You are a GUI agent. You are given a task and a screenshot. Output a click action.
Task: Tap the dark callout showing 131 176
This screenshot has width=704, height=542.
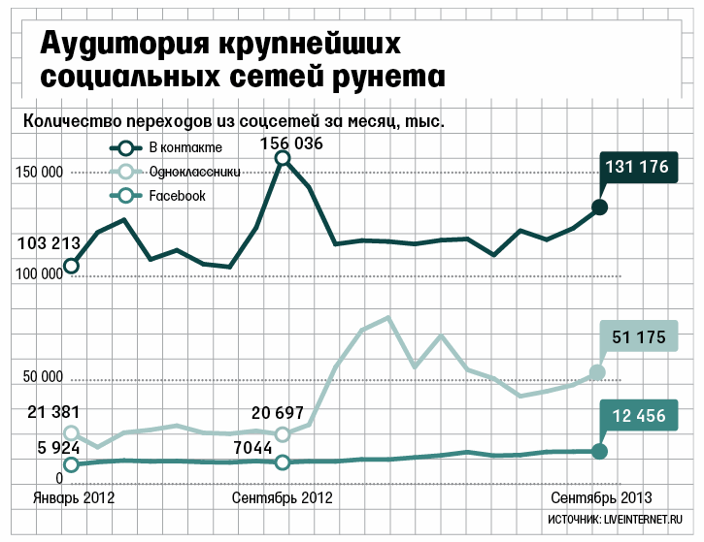[x=637, y=167]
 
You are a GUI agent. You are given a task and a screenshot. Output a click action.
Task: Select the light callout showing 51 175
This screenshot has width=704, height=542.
[x=638, y=337]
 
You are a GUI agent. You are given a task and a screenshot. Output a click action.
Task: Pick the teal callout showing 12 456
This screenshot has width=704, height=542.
[x=638, y=417]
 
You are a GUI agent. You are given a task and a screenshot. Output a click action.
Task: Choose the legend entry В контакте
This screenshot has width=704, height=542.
[x=185, y=148]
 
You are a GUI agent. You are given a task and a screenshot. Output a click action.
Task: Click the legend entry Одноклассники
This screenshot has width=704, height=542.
[x=195, y=172]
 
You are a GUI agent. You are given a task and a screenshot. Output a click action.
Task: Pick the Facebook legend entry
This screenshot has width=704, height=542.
[x=177, y=196]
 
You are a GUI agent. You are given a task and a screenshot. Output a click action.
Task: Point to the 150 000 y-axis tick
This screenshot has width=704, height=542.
[x=39, y=173]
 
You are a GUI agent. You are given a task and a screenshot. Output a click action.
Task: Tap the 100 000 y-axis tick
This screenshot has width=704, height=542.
[x=39, y=274]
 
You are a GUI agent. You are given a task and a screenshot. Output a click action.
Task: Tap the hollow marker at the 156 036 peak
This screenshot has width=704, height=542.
[x=283, y=157]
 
